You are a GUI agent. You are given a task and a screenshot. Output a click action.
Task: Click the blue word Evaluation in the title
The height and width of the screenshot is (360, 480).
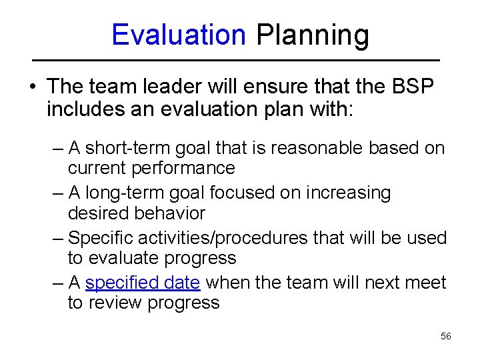(179, 35)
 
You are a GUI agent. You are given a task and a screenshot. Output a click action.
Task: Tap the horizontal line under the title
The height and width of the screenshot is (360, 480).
(239, 60)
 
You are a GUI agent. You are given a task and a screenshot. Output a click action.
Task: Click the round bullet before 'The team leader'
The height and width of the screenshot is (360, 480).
(33, 87)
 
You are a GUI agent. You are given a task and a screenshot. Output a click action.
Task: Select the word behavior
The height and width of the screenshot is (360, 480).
(169, 213)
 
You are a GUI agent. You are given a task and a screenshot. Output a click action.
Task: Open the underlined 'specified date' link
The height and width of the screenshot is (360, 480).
(143, 283)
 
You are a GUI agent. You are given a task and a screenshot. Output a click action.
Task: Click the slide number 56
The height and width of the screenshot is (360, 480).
(446, 337)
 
